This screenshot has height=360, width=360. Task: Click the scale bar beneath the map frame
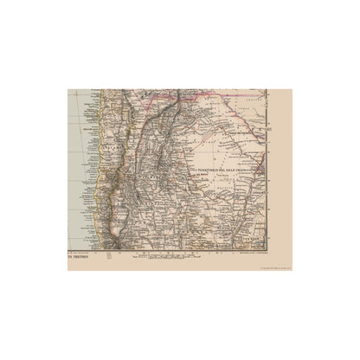pyautogui.click(x=156, y=253)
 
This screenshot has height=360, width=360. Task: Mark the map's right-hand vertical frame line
pyautogui.click(x=266, y=173)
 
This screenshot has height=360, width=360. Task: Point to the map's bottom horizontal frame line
pyautogui.click(x=173, y=249)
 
